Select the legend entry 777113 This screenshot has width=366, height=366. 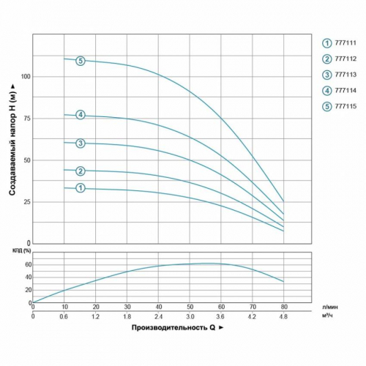coord(338,75)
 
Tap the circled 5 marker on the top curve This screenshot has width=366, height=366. coord(81,61)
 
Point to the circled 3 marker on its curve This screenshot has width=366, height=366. coord(81,143)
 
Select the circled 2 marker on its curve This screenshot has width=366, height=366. coord(81,171)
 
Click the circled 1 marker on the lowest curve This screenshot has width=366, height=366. coord(81,188)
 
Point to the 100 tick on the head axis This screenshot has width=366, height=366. coord(26,76)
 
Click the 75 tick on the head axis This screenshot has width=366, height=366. coord(26,117)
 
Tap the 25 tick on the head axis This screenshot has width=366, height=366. coord(26,201)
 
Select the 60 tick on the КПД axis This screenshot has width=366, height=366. coord(27,264)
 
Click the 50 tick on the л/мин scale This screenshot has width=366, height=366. coord(190,306)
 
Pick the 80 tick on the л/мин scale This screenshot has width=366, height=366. coord(283,306)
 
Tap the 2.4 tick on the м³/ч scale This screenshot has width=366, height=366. coord(158,316)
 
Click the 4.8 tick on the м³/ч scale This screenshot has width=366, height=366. coord(283,316)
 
